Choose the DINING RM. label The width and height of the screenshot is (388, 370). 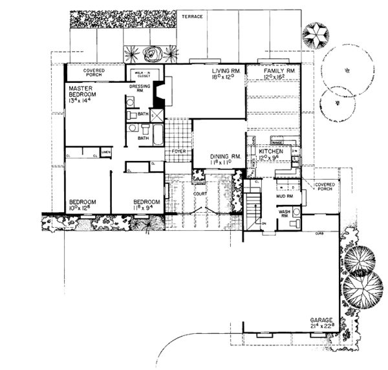click(x=226, y=157)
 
